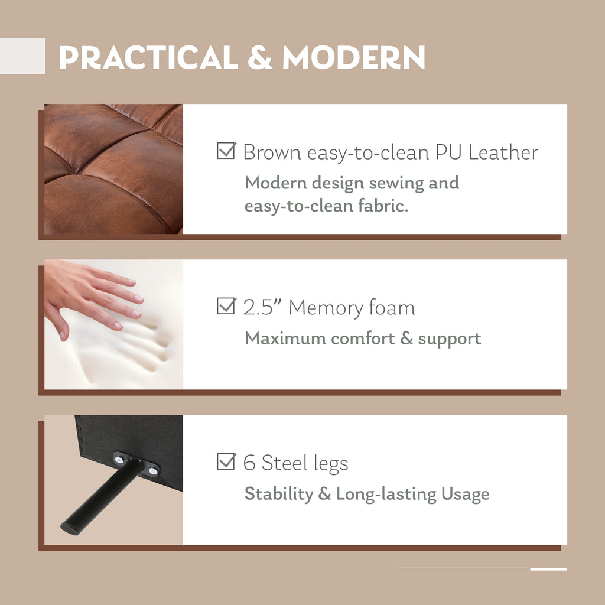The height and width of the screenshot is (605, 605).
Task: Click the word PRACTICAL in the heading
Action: tap(148, 57)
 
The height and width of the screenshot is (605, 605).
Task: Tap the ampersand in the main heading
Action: tap(260, 57)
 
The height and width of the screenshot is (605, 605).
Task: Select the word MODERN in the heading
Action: tap(353, 57)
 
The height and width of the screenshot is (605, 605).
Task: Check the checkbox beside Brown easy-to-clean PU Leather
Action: tap(226, 151)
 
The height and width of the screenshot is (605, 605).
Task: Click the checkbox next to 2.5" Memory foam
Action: tap(226, 306)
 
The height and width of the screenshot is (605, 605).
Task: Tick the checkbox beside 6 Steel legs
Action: tap(226, 461)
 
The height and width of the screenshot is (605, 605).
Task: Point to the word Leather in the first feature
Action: tap(503, 152)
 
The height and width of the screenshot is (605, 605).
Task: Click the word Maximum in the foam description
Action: tap(285, 339)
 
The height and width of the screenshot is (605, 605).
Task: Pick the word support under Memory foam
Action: tap(450, 339)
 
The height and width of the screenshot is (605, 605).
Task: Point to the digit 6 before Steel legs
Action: tap(249, 462)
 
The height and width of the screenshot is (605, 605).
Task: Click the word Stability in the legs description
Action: tap(279, 494)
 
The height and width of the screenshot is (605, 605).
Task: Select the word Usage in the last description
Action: tap(465, 494)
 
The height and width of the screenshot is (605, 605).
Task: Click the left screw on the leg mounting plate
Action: tap(119, 459)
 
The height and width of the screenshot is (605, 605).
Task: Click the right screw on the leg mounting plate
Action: tap(153, 470)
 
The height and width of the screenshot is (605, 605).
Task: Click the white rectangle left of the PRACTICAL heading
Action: tap(22, 56)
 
